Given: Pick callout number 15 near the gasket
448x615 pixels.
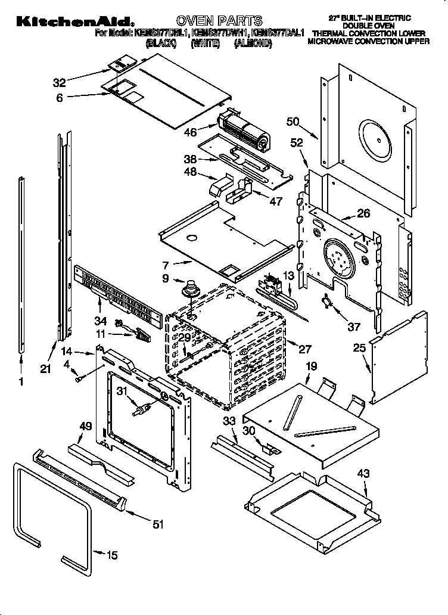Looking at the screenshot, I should (x=111, y=555).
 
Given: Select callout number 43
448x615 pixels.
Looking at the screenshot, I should (x=363, y=474).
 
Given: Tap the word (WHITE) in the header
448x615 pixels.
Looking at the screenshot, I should (x=205, y=44).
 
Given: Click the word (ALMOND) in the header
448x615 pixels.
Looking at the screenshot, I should (x=253, y=44).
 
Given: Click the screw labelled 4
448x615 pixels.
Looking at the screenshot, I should (x=79, y=377).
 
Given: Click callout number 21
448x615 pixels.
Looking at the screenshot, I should (x=45, y=369).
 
